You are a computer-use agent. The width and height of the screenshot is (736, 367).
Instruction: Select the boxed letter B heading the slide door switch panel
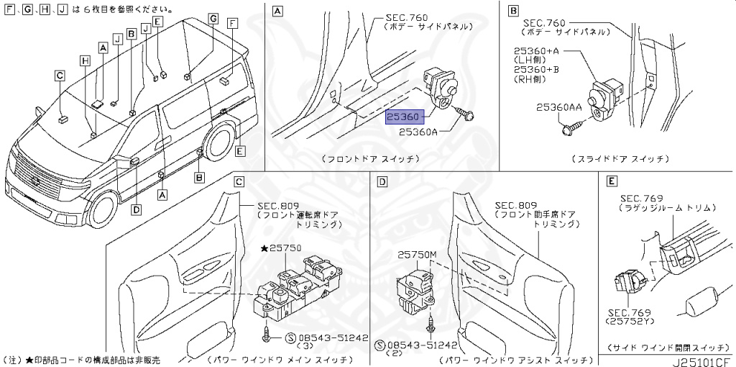[513, 11]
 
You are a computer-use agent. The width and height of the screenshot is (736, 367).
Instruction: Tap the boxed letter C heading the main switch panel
[239, 183]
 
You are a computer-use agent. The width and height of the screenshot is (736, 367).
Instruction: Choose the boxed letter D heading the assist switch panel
[382, 183]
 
